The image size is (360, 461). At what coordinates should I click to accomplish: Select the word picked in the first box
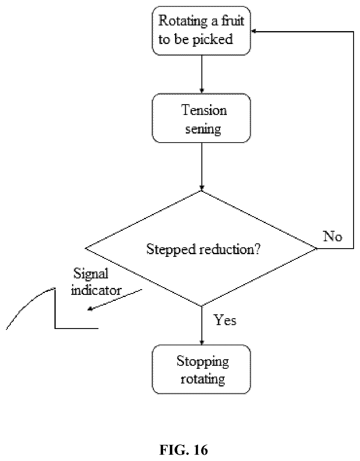coord(213,40)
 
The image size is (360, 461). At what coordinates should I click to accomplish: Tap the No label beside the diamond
coord(332,236)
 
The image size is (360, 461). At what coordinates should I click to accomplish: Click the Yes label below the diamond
coord(225,320)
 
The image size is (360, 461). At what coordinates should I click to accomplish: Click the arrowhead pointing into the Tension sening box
coord(202,91)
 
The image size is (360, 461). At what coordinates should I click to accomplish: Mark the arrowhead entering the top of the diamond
coord(202,188)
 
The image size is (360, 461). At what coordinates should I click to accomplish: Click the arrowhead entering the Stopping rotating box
coord(202,342)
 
